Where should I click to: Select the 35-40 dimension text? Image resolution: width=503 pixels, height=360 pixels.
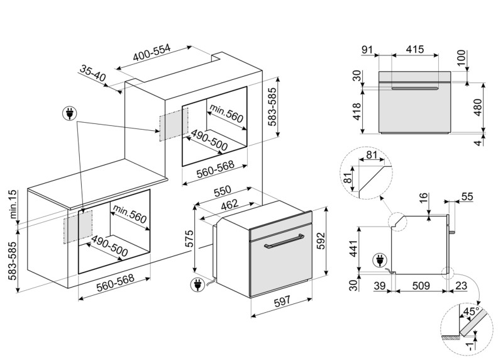[92, 75]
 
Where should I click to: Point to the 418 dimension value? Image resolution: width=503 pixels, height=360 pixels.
[357, 111]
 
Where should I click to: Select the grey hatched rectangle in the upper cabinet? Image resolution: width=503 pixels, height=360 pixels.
[174, 125]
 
